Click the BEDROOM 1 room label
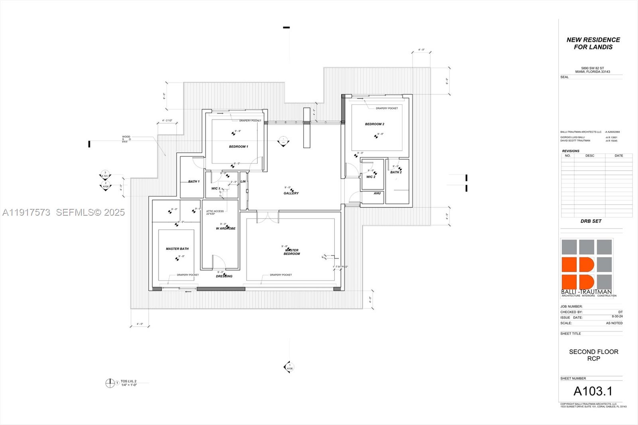[x=238, y=147]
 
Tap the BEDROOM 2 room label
[x=374, y=124]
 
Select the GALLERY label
[x=291, y=193]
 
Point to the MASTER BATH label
[x=177, y=249]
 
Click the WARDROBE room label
[x=226, y=228]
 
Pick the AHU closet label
[x=377, y=193]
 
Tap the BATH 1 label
[x=194, y=181]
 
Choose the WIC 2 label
[x=371, y=177]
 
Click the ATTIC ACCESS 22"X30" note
[x=215, y=212]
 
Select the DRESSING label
[x=224, y=276]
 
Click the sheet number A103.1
[x=593, y=391]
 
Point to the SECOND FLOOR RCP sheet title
[x=593, y=355]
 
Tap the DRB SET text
[x=591, y=221]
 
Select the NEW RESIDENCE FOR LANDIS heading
[x=593, y=43]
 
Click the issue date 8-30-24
[x=617, y=317]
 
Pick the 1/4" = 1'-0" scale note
[x=129, y=385]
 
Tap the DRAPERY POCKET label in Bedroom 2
[x=386, y=108]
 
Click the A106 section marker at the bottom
[x=289, y=367]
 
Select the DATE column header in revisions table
[x=618, y=156]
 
